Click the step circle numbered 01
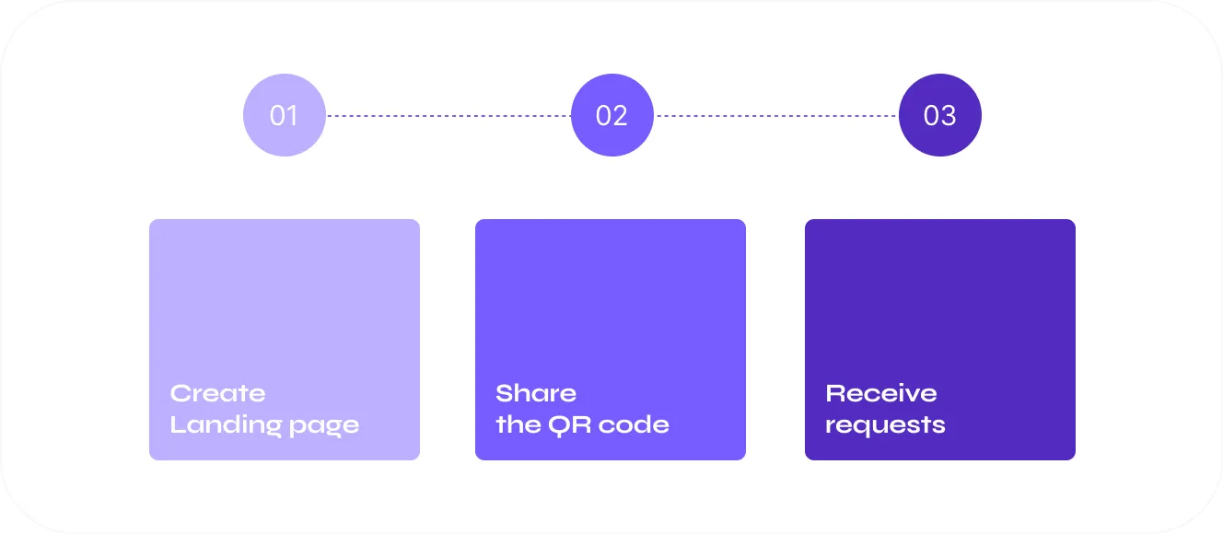click(x=284, y=115)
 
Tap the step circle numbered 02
click(x=611, y=115)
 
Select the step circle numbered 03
click(x=939, y=115)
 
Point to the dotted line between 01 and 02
click(x=448, y=116)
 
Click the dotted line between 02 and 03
click(x=775, y=116)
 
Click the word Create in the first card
click(x=217, y=393)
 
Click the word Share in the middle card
click(x=536, y=393)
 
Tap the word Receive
click(x=881, y=393)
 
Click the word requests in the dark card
click(x=885, y=426)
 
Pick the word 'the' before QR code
click(x=518, y=425)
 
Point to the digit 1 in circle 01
click(x=293, y=116)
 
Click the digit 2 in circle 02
click(x=620, y=116)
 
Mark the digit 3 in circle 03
click(x=948, y=116)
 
